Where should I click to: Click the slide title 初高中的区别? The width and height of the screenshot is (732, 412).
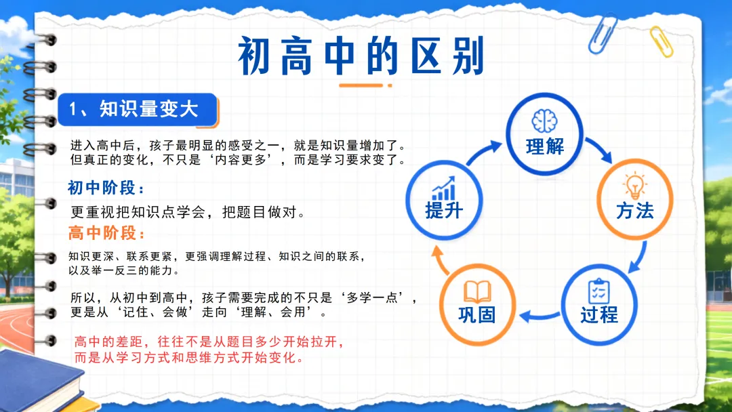tap(361, 56)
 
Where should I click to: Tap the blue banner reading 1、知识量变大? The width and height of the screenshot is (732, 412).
tap(137, 110)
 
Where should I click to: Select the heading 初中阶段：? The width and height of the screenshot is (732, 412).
tap(106, 188)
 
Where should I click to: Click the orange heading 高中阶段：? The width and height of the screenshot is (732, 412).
tap(106, 232)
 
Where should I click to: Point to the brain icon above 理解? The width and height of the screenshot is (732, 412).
tap(544, 121)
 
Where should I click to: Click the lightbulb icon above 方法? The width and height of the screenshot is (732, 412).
tap(635, 185)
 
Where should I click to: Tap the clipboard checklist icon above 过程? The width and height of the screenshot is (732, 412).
tap(599, 291)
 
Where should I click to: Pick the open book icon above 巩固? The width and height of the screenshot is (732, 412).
tap(477, 291)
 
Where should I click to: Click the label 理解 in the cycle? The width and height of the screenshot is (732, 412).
tap(545, 146)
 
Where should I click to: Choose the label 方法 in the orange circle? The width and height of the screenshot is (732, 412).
tap(635, 211)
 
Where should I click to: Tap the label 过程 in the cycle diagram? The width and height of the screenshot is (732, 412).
tap(599, 315)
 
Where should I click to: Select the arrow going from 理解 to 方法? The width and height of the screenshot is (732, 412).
tap(599, 149)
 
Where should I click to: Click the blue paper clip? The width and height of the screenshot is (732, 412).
tap(603, 34)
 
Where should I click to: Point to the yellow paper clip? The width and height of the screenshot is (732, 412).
tap(662, 42)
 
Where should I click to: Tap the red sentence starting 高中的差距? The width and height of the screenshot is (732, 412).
tap(209, 350)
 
